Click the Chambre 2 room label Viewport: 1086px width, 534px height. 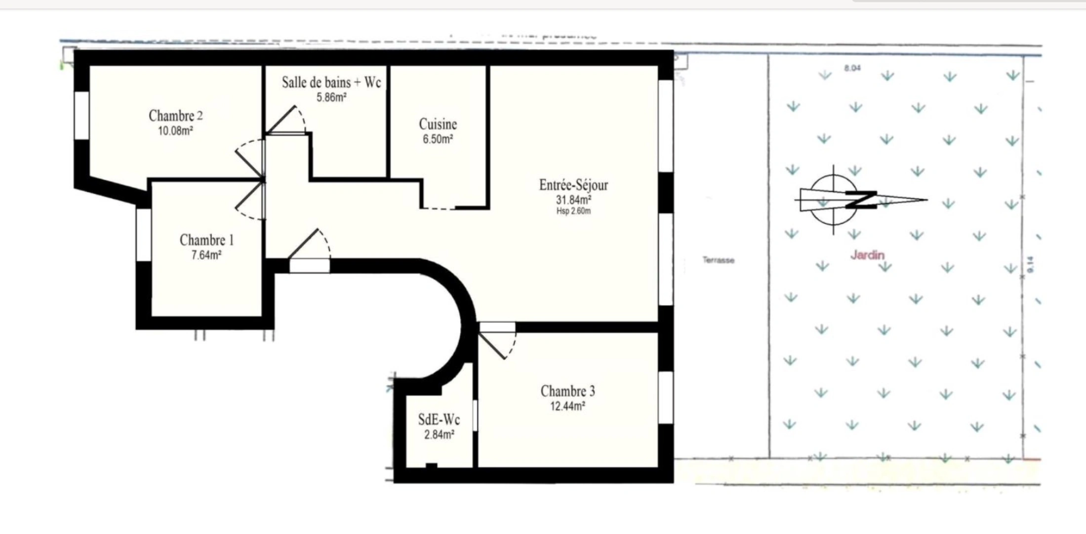point(175,116)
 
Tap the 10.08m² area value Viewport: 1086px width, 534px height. point(175,131)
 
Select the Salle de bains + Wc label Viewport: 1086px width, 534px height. point(331,83)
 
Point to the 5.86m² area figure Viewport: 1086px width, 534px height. point(331,97)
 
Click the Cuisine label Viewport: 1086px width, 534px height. point(438,124)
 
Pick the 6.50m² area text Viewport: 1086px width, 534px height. point(438,139)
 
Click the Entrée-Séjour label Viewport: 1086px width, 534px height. point(573,185)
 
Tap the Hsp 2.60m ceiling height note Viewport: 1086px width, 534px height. point(573,211)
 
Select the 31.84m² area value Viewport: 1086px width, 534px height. point(573,200)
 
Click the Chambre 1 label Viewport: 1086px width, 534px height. point(206,240)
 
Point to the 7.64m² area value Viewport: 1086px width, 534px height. point(206,255)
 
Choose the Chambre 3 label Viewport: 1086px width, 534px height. point(567,391)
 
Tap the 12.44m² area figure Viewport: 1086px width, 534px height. point(567,406)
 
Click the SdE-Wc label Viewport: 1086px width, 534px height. point(439,420)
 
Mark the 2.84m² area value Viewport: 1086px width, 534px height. point(439,435)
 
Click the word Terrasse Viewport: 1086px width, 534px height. point(718,260)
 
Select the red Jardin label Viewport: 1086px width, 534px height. point(867,255)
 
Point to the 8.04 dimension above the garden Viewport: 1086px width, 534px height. point(852,68)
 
